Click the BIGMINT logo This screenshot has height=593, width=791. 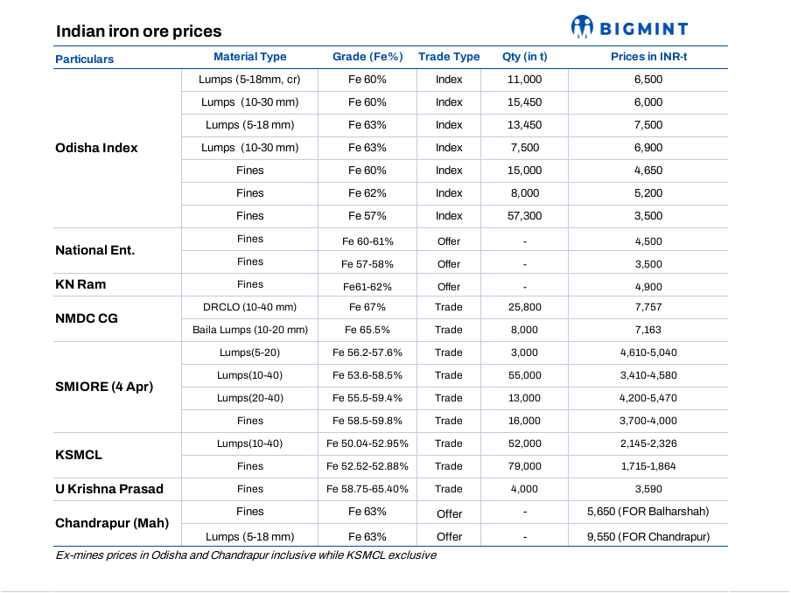point(629,27)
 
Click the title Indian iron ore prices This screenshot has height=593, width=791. point(139,31)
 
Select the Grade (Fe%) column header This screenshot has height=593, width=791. point(367,57)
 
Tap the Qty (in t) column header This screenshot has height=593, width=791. point(525,57)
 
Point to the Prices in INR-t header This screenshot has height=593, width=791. point(648,57)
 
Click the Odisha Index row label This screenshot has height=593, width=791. point(96,148)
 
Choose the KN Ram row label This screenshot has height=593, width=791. point(80,284)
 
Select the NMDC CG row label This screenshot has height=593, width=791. point(87,318)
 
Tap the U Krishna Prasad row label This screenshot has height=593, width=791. point(109,489)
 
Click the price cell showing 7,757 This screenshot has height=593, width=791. point(648,307)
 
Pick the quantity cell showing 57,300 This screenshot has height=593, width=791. point(525,216)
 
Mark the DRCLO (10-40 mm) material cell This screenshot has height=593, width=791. point(249,307)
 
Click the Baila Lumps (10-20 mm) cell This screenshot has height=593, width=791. point(250,330)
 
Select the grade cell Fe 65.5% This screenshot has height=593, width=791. point(367,330)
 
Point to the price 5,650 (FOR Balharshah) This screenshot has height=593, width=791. point(648,512)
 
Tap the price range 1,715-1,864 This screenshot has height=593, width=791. point(648,466)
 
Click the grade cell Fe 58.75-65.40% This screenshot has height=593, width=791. point(367,489)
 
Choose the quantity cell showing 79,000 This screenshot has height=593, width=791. point(525,466)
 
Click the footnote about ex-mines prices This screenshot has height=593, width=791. point(246,555)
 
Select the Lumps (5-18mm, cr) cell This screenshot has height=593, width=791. point(249,80)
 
